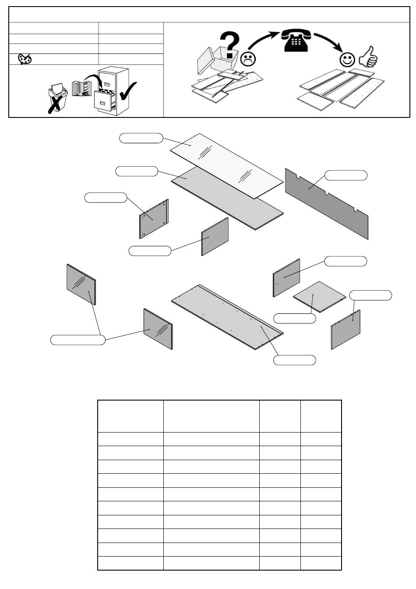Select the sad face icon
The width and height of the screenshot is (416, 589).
[248, 58]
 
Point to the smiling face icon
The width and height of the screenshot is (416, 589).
[348, 60]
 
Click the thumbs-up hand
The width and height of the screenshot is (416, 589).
[367, 57]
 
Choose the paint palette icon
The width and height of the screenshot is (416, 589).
[25, 59]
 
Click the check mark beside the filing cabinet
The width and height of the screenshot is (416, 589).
[128, 90]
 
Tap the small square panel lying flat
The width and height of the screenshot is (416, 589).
[319, 297]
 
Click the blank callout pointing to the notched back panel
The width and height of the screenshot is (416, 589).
[346, 175]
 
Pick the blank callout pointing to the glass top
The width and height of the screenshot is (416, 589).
[141, 138]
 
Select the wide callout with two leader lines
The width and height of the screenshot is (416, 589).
[78, 340]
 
